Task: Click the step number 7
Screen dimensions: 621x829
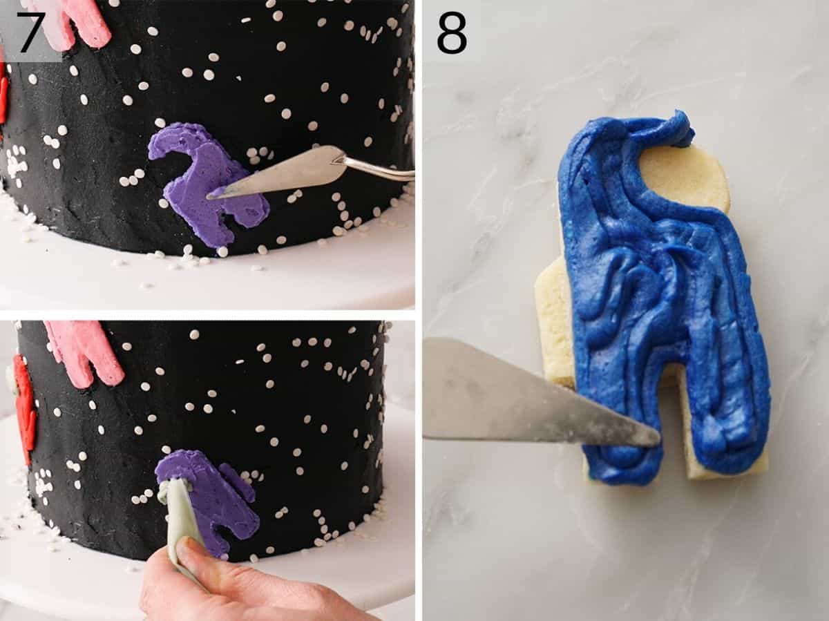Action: (x=31, y=32)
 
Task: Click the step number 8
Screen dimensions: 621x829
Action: (x=452, y=32)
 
